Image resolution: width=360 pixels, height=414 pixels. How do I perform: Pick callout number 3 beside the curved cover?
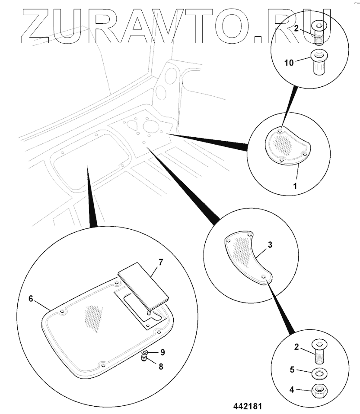(270, 245)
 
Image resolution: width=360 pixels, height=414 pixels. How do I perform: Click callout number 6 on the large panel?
(31, 298)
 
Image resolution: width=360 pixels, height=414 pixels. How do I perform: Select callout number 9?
(162, 352)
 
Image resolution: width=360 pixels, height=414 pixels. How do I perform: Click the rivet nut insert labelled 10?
(319, 63)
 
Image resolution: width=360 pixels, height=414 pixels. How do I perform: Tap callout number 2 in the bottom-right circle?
(296, 346)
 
